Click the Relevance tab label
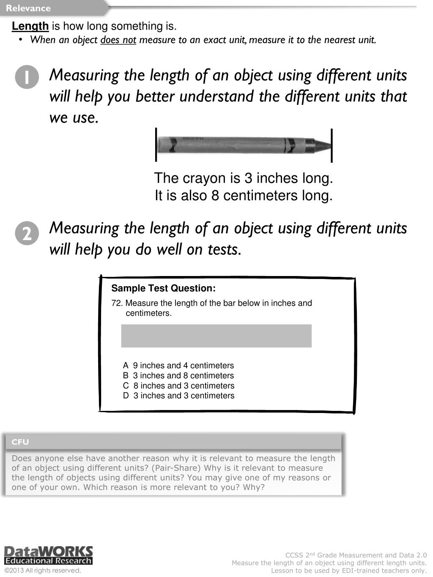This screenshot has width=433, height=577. click(28, 8)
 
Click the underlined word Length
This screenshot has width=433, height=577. click(30, 26)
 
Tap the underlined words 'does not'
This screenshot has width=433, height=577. click(118, 40)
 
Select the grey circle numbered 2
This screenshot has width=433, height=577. click(27, 233)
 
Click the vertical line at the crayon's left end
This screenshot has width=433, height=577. click(156, 145)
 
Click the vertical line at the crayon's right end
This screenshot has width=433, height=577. click(332, 145)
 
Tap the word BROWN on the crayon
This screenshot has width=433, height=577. click(193, 138)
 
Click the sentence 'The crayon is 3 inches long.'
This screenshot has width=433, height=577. click(244, 178)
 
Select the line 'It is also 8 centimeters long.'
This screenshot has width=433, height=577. click(244, 196)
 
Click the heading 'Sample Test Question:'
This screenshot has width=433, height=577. click(163, 288)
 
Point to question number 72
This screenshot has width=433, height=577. click(117, 303)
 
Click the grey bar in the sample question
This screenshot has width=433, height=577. click(216, 336)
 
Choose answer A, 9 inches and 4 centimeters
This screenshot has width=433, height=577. click(178, 365)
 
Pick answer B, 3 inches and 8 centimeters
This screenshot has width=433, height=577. click(178, 375)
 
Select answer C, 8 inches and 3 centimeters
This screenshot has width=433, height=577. click(178, 386)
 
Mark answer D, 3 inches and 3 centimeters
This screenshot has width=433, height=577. click(178, 396)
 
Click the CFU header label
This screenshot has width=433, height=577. click(20, 442)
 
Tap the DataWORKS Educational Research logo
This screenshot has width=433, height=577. click(48, 555)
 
